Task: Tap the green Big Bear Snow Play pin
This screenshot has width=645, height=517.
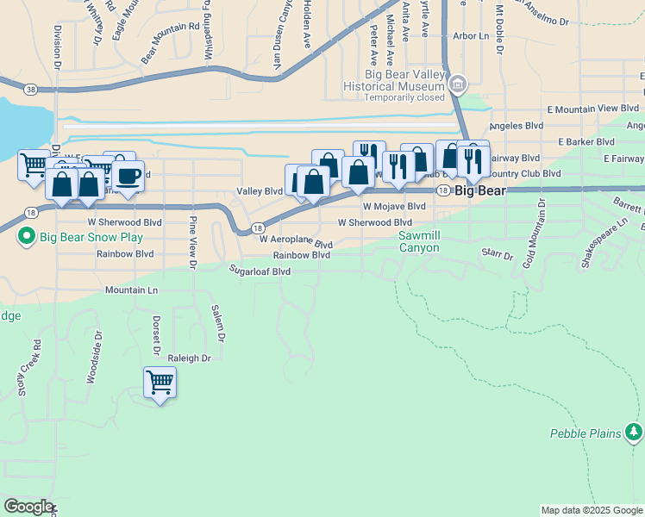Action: [27, 235]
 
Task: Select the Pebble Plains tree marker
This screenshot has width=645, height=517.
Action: [635, 431]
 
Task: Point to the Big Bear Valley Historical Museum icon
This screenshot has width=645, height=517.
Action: [458, 84]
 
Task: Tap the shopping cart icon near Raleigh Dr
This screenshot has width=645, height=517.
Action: [160, 381]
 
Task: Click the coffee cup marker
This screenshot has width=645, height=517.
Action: [128, 176]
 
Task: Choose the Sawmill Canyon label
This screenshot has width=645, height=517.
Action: [418, 241]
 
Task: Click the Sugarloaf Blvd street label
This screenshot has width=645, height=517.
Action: [259, 271]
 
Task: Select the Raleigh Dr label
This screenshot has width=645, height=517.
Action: [189, 358]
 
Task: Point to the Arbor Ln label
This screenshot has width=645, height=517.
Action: [470, 36]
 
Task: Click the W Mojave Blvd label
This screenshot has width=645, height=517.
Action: [394, 207]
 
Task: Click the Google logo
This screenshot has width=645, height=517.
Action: [28, 507]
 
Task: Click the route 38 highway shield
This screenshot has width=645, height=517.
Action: [32, 89]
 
